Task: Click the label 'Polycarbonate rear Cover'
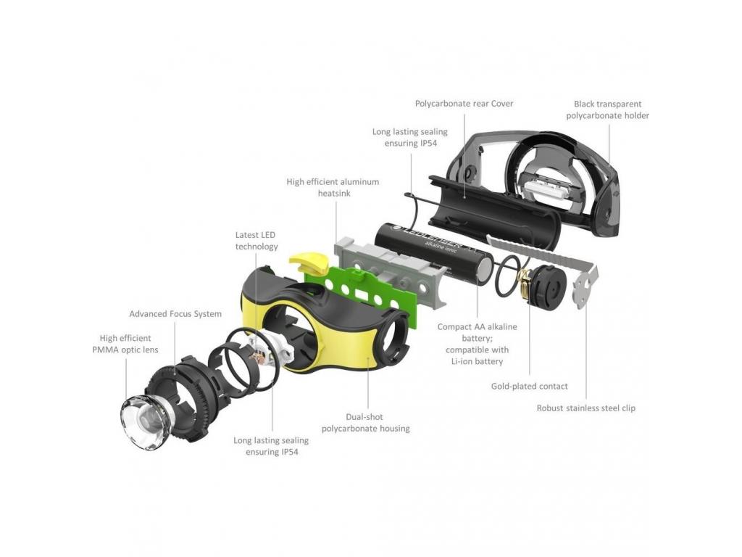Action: click(x=464, y=103)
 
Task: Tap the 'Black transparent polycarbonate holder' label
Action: click(x=608, y=110)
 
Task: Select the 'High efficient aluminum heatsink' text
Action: click(x=333, y=187)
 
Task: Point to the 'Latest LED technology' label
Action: click(x=256, y=240)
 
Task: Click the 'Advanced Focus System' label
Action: click(x=175, y=313)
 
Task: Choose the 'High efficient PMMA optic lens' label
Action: click(x=125, y=344)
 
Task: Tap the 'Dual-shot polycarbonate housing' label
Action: click(x=365, y=423)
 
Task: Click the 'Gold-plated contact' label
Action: click(x=529, y=386)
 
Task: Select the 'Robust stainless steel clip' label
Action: click(x=585, y=408)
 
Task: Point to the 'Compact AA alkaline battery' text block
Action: click(x=477, y=344)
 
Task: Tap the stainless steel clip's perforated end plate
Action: click(x=585, y=287)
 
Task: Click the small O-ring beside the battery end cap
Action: click(x=508, y=276)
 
